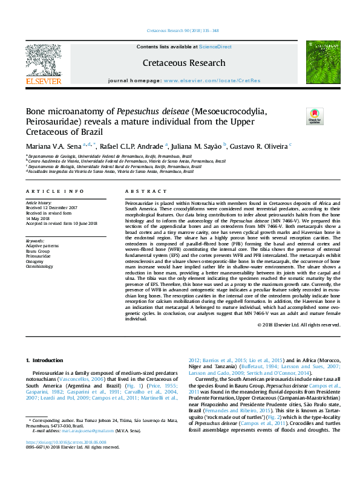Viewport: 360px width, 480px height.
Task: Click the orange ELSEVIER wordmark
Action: [44, 80]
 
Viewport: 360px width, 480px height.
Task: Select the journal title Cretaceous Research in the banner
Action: [184, 62]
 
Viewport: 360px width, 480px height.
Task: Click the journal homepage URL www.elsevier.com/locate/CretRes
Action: [212, 80]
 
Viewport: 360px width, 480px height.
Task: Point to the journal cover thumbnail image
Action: [318, 63]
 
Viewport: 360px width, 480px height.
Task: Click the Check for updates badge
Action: [315, 116]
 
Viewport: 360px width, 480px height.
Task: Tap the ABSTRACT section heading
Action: [137, 191]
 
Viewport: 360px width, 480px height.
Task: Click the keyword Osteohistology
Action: [42, 266]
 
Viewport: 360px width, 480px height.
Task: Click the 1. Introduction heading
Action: [48, 360]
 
